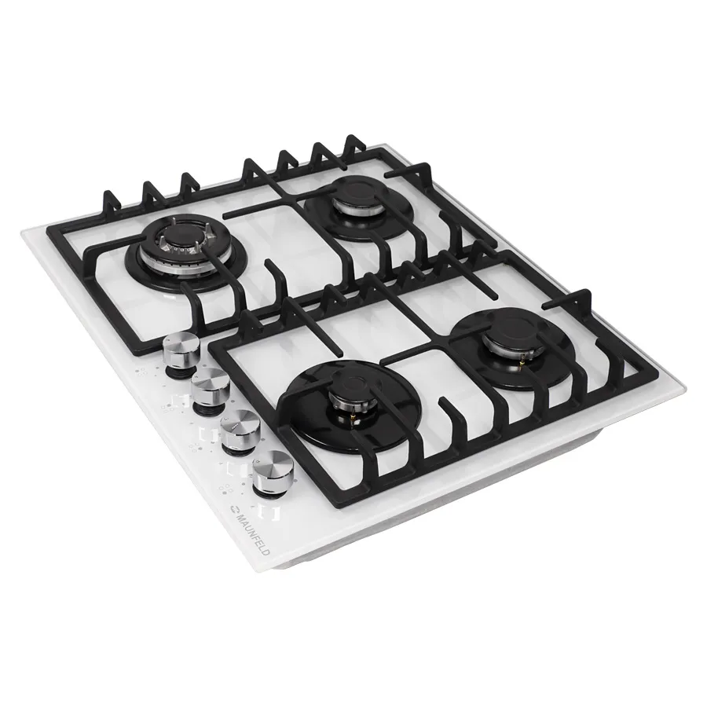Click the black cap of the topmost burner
pyautogui.click(x=352, y=196)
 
